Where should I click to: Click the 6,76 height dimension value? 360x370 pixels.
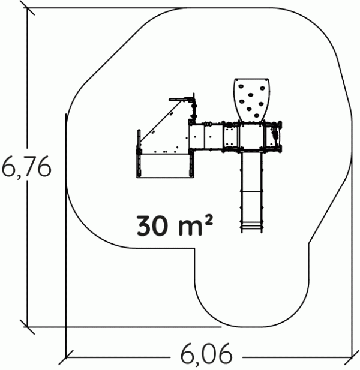pos(26,166)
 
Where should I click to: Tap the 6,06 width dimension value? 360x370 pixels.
pos(206,354)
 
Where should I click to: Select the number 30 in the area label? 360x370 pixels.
pos(152,225)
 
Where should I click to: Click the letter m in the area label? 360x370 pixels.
pos(190,228)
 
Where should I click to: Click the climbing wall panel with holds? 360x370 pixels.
pos(252,100)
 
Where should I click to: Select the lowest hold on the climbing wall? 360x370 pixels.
pos(257,115)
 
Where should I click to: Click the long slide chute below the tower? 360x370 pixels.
pos(251,192)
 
